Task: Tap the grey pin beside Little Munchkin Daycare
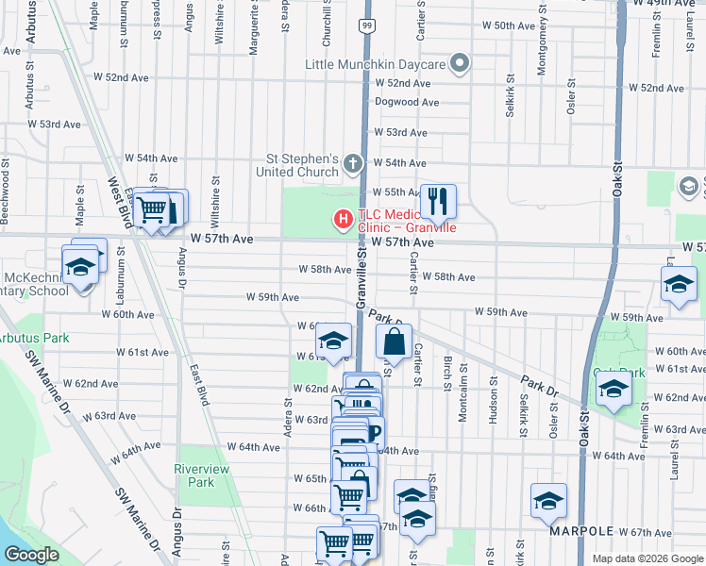pyautogui.click(x=460, y=64)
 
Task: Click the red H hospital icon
pyautogui.click(x=344, y=220)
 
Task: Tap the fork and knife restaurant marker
pyautogui.click(x=437, y=200)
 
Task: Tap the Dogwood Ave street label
pyautogui.click(x=407, y=102)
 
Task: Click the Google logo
pyautogui.click(x=30, y=555)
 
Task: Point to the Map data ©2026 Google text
pyautogui.click(x=647, y=558)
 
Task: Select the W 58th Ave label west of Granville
pyautogui.click(x=324, y=270)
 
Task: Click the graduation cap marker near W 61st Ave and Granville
pyautogui.click(x=333, y=341)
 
